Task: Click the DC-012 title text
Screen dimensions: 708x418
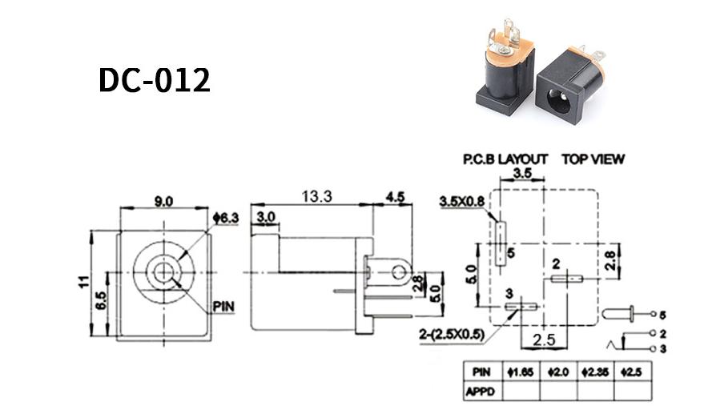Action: coord(155,80)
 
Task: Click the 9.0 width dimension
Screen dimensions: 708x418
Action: coord(163,201)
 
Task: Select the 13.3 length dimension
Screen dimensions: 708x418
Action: coord(317,196)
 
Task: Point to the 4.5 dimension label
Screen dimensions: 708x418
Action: coord(395,197)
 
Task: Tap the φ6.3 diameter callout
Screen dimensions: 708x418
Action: coord(226,219)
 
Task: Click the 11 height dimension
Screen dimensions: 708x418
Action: coord(83,282)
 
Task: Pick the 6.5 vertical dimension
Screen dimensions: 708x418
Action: coord(101,300)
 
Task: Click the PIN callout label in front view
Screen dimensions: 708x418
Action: coord(224,307)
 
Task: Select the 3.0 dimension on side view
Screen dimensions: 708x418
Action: coord(266,217)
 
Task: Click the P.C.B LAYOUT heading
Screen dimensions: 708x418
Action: coord(505,159)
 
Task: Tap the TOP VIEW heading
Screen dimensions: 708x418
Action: coord(593,159)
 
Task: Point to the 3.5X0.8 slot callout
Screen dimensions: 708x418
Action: coord(462,201)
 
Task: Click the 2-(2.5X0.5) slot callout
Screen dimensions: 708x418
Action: coord(452,334)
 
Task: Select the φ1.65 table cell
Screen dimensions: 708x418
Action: coord(521,372)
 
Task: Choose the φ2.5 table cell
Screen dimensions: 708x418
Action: coord(632,372)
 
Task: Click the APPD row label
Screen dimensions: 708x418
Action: coord(480,392)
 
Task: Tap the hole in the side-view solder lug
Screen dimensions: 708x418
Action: coord(399,272)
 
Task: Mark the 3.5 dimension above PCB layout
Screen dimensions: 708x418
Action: coord(522,173)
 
